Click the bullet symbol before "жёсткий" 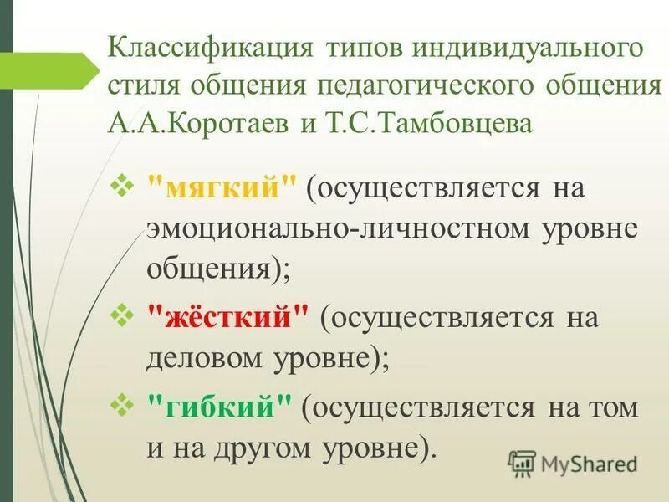123,316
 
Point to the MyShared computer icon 522,463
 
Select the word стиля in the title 142,85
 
